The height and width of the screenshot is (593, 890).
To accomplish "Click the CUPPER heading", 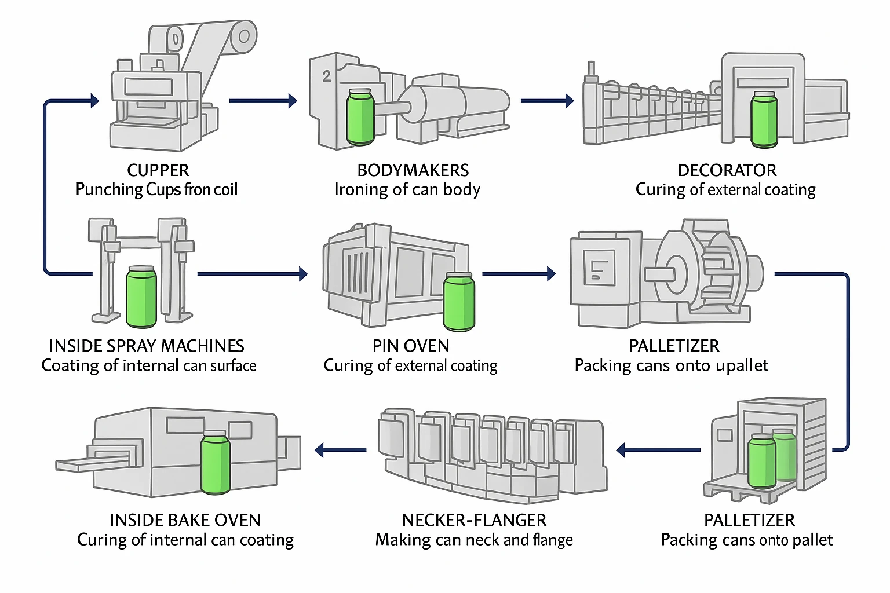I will point(158,170).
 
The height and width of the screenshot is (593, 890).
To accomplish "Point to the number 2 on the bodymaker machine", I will point(327,76).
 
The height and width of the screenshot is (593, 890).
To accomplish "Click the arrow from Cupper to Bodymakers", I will point(263,101).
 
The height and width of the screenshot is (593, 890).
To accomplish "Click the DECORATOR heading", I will point(727,170).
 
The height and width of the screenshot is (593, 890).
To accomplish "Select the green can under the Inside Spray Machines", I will point(141,296).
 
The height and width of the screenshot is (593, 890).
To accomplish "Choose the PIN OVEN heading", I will point(411,346).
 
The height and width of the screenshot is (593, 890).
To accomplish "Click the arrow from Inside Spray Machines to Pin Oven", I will point(253,274).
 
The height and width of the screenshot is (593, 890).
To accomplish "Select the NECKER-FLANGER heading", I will point(474,520).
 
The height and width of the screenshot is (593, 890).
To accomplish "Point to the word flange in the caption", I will point(553,540).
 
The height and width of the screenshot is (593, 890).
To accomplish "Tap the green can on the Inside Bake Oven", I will point(215,462).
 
